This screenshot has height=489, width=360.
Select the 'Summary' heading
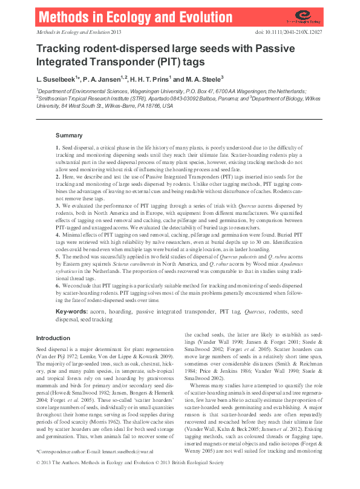[x=68, y=136]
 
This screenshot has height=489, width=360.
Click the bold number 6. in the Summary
[x=57, y=284]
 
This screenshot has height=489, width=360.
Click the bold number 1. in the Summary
[x=57, y=148]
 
